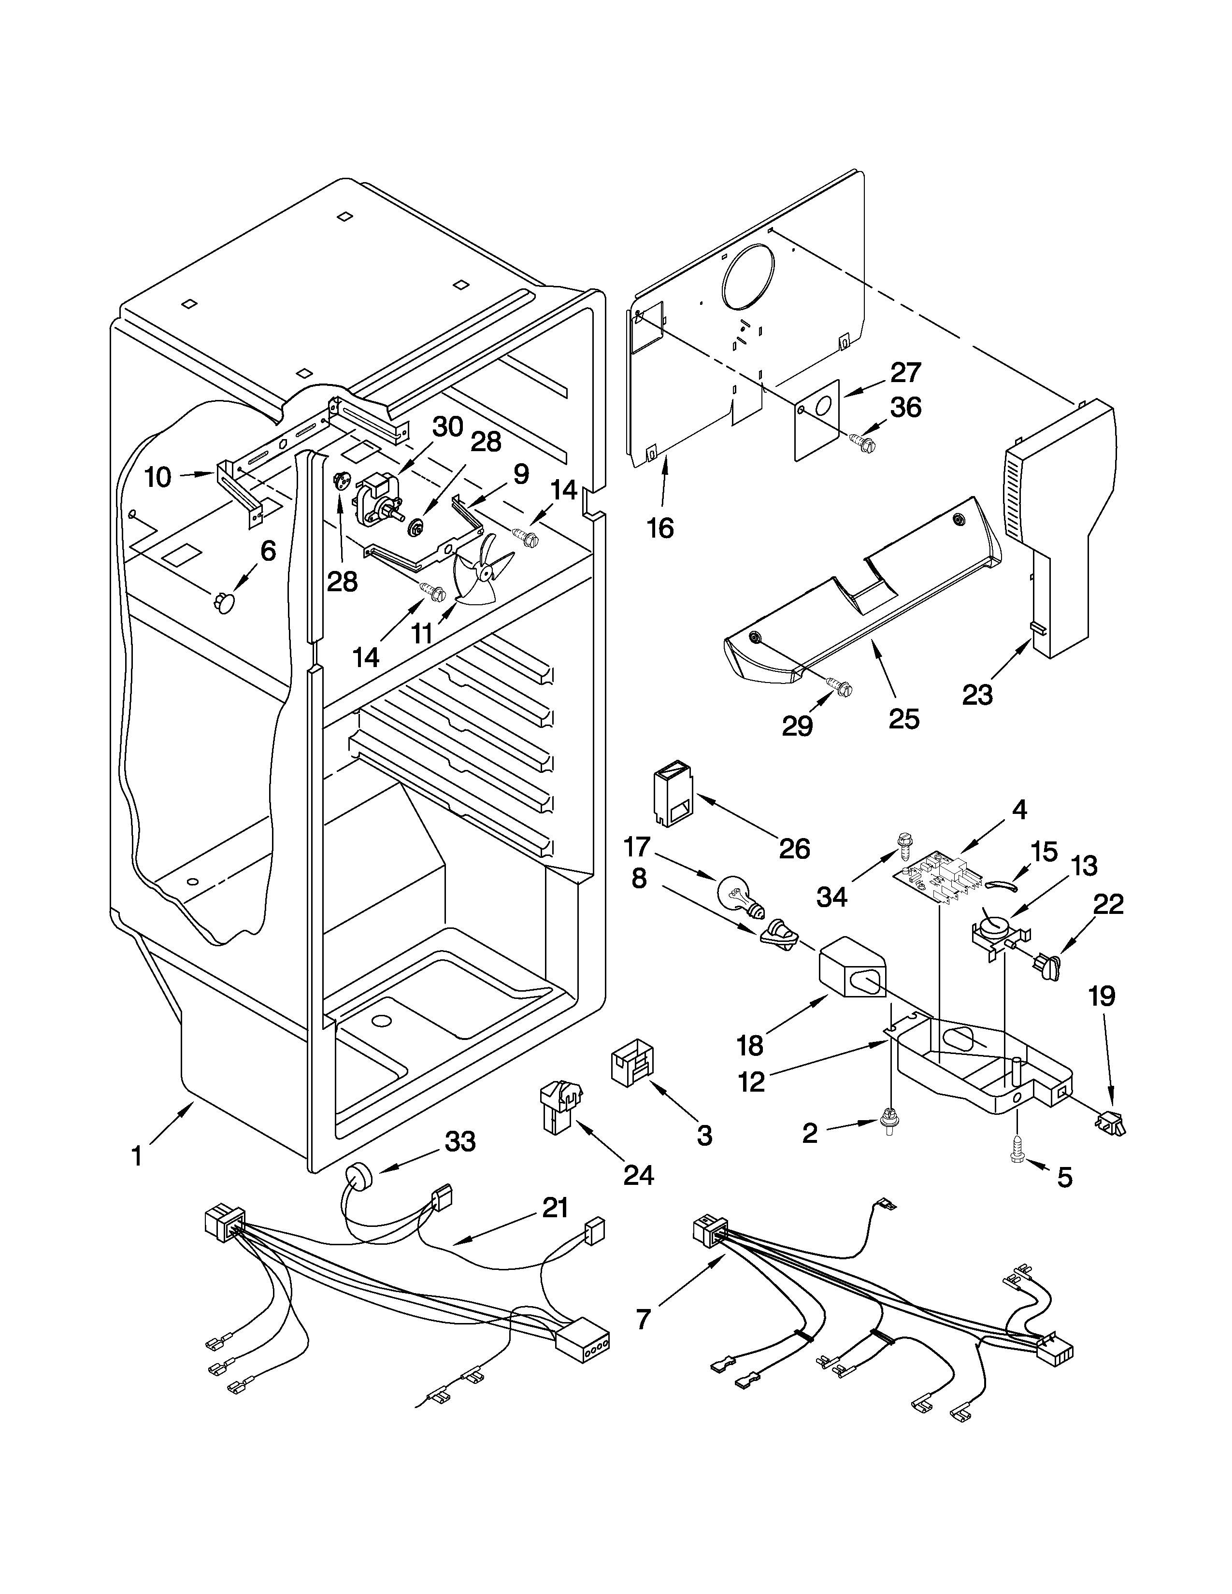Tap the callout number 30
click(x=447, y=427)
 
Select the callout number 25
click(x=903, y=719)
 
